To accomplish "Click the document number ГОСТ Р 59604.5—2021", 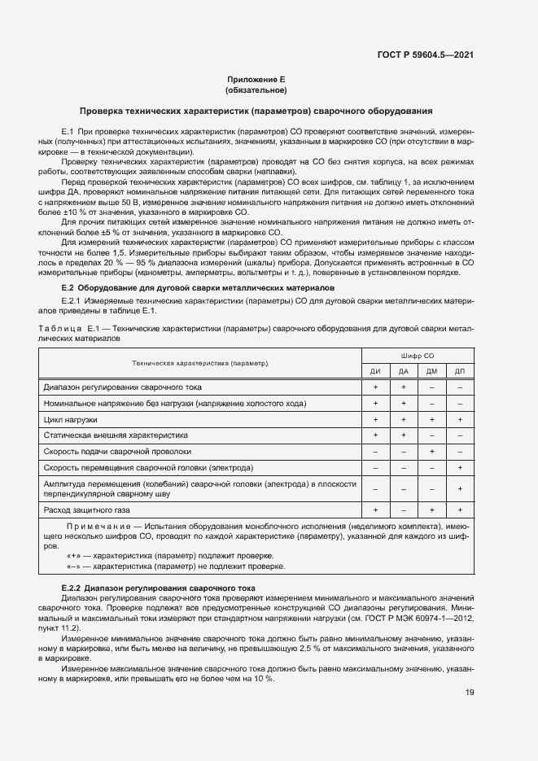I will point(425,55).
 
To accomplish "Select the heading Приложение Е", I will point(256,80).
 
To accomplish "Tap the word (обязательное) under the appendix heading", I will point(256,90).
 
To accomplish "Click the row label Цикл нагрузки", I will point(70,419).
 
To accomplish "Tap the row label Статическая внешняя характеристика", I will point(115,435).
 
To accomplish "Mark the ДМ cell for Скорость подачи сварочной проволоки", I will point(431,451).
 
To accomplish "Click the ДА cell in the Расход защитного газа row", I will point(404,510).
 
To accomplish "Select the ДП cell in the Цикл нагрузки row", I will point(460,419).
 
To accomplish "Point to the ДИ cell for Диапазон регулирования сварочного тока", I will point(375,387).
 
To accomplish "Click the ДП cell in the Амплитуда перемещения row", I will point(460,488).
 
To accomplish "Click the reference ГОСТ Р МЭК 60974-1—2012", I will point(412,618).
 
